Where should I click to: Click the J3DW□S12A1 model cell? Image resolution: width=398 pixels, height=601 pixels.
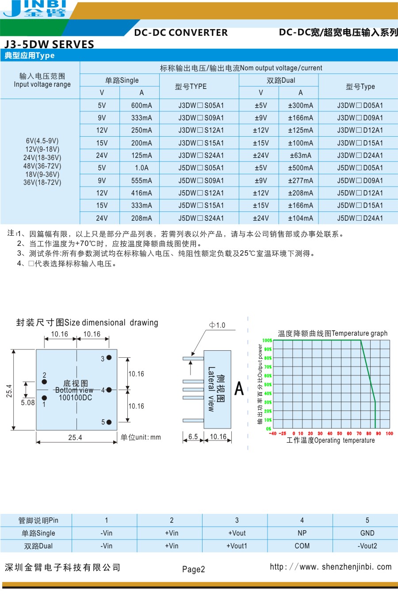coord(201,130)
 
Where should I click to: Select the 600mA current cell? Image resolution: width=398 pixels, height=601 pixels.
coord(142,106)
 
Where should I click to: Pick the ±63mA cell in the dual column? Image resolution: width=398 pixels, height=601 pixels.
coord(300,156)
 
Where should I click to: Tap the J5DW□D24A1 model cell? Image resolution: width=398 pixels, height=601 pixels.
coord(360,218)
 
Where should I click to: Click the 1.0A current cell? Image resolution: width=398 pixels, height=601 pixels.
coord(142,168)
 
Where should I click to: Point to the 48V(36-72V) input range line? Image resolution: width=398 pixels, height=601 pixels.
coord(42,166)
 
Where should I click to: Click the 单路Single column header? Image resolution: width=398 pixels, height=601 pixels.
coord(122,80)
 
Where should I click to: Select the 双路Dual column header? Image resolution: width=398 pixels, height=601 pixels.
coord(281,80)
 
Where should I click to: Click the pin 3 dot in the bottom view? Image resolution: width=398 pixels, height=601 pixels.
coord(109,357)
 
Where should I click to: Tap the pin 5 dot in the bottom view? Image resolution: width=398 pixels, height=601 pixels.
coord(109,422)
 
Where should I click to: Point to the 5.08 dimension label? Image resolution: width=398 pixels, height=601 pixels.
coord(28,402)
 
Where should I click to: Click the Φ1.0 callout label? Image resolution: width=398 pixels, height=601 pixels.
coord(217,325)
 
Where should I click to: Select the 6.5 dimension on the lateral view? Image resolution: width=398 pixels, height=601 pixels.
coord(193,436)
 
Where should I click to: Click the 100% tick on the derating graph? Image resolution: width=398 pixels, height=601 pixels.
coord(267,341)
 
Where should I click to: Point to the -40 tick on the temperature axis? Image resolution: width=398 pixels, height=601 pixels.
coord(272,434)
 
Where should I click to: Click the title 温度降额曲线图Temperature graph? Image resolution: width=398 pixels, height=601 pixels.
coord(333,333)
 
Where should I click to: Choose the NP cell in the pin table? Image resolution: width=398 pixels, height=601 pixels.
coord(302,533)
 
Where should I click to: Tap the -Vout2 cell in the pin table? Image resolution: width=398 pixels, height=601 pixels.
coord(367,546)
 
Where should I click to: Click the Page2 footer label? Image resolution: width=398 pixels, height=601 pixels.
coord(194,569)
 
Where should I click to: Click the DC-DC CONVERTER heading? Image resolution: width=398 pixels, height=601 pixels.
coord(181,33)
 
